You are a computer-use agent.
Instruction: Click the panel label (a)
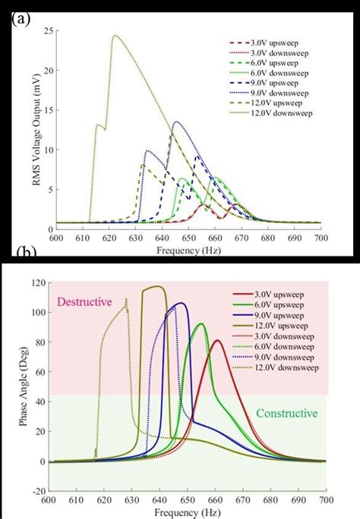click(21, 19)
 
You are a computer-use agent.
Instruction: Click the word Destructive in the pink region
click(82, 301)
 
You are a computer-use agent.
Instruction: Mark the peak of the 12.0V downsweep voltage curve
click(114, 35)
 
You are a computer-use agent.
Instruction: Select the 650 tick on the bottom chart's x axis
click(187, 499)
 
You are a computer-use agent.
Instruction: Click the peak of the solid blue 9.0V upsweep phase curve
click(181, 304)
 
